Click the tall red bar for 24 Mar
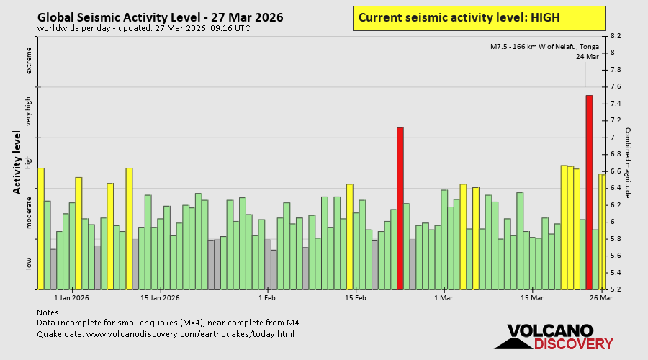(589, 192)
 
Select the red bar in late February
(400, 208)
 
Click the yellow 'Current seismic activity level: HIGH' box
(478, 18)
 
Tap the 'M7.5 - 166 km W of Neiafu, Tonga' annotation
(544, 47)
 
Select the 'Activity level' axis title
(17, 162)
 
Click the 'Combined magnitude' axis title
(627, 163)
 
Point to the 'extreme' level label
(30, 60)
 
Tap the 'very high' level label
(30, 112)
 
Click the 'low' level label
(30, 264)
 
